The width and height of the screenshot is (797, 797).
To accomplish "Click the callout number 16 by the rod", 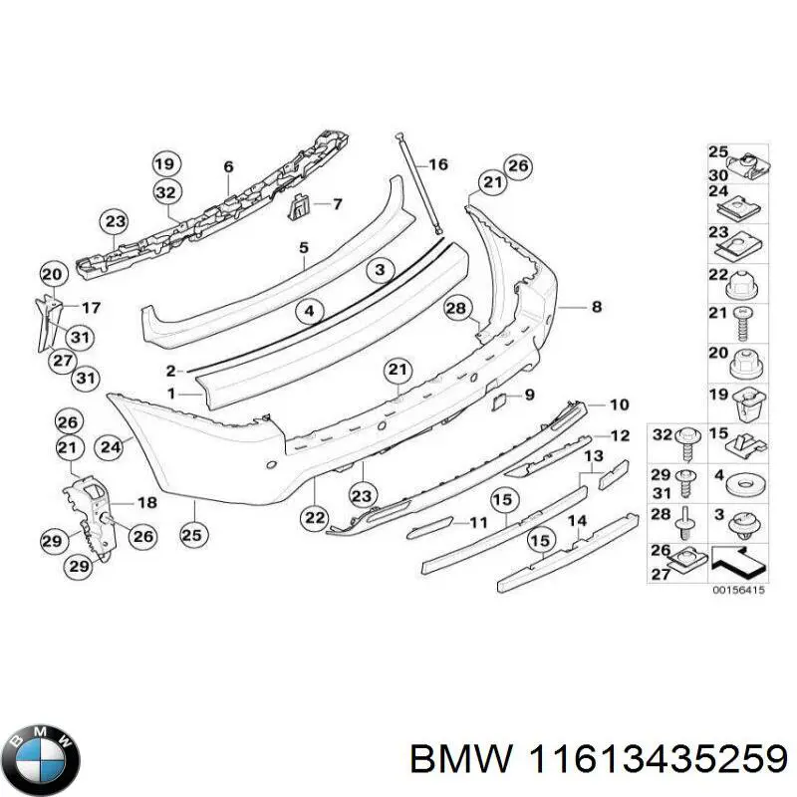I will point(437,165).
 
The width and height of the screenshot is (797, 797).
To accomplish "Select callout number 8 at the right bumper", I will point(596,308).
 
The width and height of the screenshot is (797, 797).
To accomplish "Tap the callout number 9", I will point(529,395).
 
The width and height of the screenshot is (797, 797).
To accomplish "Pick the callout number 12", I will point(619,435).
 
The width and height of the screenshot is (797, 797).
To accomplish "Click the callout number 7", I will point(337,204).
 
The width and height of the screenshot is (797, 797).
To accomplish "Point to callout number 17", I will point(91,307).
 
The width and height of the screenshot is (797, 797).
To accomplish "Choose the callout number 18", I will point(146,502).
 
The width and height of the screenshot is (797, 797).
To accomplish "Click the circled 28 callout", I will point(455,310).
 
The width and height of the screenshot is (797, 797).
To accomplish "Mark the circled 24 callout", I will point(110,447).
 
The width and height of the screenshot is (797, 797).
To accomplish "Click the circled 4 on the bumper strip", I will point(310,311).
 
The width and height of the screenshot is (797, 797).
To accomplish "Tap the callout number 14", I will point(576,520).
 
